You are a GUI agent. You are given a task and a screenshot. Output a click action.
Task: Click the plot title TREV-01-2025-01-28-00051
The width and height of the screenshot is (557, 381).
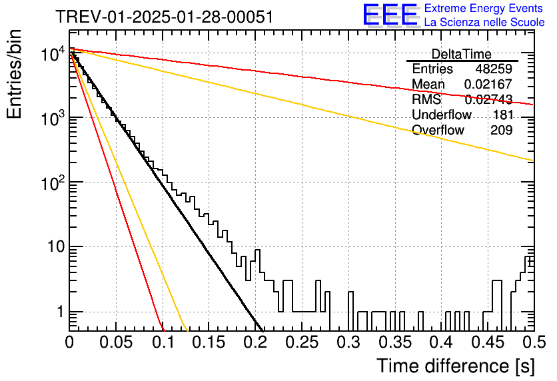pos(165,17)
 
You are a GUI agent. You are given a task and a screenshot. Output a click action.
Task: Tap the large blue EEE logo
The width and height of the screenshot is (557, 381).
pos(390,15)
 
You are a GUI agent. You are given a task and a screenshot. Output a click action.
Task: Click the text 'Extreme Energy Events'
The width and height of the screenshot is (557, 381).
pos(484,8)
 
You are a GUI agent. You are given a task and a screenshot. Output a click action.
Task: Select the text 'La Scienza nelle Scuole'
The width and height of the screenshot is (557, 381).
pos(484,22)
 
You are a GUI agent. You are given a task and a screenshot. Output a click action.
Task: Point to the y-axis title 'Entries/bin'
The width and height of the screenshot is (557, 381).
pos(15,74)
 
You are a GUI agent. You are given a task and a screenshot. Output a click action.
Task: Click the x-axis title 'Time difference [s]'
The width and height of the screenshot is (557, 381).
pos(456,366)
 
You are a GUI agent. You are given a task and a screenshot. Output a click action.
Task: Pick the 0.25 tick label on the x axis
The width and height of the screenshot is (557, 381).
pos(302,342)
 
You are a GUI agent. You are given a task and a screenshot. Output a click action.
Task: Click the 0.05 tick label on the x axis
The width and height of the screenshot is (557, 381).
pos(116,342)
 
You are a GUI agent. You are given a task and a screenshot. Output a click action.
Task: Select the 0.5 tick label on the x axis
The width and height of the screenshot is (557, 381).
pos(534,342)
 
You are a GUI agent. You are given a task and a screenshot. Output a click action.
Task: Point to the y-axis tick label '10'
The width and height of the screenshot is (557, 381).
pos(56,246)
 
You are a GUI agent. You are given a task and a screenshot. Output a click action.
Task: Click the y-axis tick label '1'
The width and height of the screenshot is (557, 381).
pos(60,312)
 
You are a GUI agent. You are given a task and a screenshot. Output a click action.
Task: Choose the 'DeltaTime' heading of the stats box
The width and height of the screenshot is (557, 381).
pos(462,55)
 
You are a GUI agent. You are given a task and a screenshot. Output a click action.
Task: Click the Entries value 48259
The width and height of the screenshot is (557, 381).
pos(494,69)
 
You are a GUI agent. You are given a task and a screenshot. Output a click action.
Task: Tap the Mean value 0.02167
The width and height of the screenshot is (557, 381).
pos(488,84)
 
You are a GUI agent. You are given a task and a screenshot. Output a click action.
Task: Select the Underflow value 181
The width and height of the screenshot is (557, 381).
pos(503,115)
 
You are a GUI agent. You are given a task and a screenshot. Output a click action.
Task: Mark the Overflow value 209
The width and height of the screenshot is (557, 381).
pos(502,131)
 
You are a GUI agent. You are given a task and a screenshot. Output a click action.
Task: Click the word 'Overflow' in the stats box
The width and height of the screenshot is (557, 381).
pos(438,131)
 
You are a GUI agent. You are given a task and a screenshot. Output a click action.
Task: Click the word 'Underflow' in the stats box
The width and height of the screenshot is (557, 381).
pos(442,115)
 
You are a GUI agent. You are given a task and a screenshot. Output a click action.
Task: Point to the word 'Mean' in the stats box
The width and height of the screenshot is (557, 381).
pos(428,84)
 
